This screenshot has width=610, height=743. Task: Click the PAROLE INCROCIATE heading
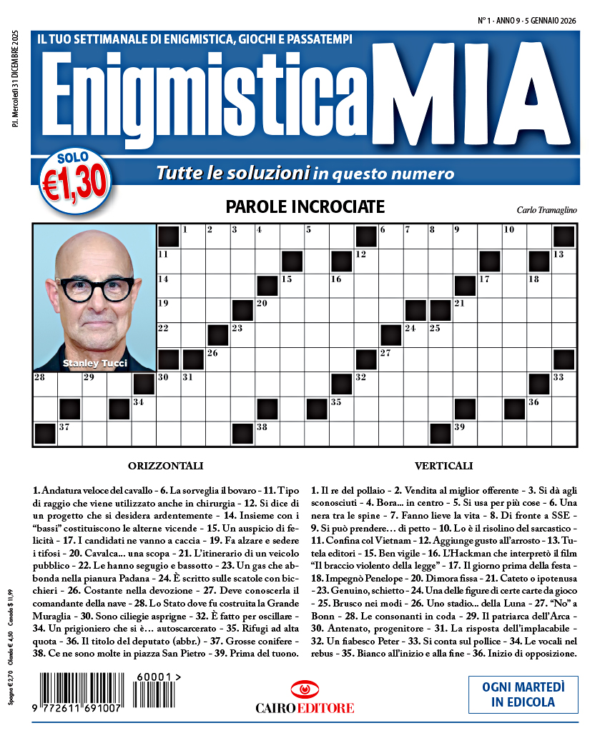tap(305, 207)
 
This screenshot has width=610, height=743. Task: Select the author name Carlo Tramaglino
tap(546, 209)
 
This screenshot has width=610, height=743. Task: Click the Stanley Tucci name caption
tap(94, 364)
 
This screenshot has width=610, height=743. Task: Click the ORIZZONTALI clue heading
tap(165, 466)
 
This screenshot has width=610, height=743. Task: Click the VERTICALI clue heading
tap(443, 466)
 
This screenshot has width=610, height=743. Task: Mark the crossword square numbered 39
tap(465, 434)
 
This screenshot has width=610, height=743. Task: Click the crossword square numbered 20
tap(267, 311)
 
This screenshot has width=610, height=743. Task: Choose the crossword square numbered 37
tap(70, 434)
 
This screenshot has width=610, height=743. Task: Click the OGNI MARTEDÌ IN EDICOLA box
tap(523, 694)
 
